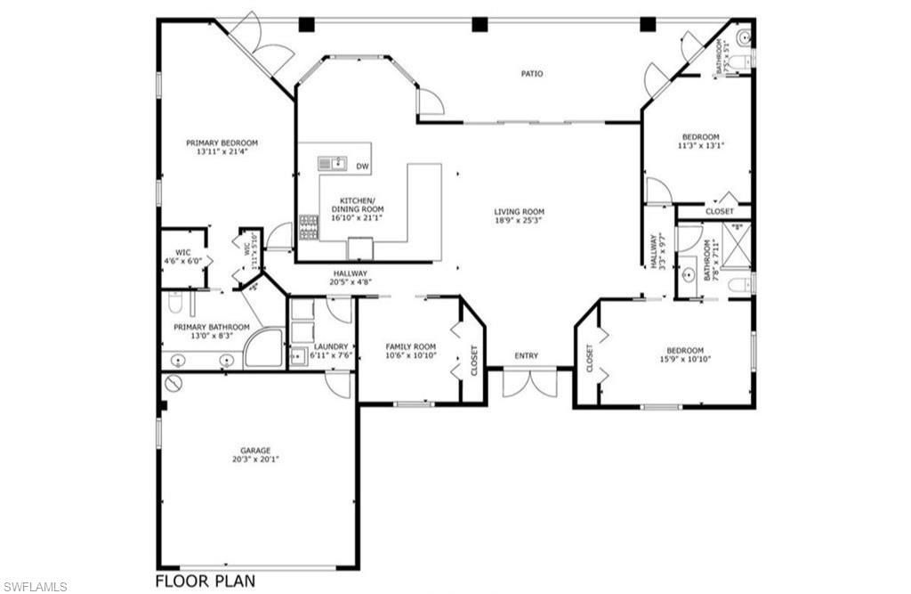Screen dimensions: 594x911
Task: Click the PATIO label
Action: click(x=532, y=74)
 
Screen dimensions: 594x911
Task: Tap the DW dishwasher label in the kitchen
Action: click(x=362, y=167)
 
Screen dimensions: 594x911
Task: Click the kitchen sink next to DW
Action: click(x=332, y=163)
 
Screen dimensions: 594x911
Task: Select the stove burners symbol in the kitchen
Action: click(x=309, y=227)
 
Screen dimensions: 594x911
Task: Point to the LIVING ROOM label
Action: click(x=519, y=212)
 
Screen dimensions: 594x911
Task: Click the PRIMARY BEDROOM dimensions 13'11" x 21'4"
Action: click(x=222, y=152)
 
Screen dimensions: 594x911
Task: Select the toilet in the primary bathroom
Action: click(x=175, y=303)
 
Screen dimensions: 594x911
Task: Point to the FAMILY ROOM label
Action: click(x=410, y=346)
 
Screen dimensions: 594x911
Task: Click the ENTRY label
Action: click(x=527, y=356)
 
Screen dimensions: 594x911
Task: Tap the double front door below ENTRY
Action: click(x=529, y=382)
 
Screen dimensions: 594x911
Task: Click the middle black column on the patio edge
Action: click(x=480, y=24)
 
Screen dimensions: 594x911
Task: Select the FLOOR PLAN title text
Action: click(x=206, y=582)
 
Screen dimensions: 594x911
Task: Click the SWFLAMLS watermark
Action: click(x=35, y=586)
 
